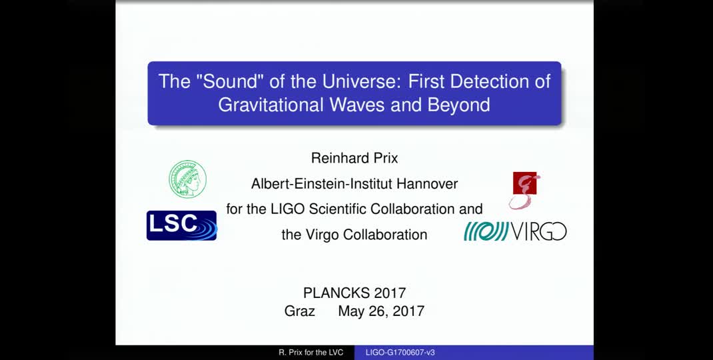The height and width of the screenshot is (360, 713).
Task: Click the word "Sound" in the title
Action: click(x=222, y=82)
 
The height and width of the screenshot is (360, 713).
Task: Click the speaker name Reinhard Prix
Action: click(x=354, y=158)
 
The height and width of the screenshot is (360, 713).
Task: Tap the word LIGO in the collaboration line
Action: click(x=288, y=209)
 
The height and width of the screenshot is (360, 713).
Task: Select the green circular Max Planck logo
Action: click(x=187, y=179)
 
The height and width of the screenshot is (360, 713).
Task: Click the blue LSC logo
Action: click(x=181, y=225)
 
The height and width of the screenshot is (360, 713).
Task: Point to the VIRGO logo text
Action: click(x=539, y=231)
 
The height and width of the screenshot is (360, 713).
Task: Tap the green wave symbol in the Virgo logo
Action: click(x=486, y=231)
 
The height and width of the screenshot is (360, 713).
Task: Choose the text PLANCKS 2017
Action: click(x=354, y=293)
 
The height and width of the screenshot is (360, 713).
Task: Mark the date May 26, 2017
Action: click(x=380, y=311)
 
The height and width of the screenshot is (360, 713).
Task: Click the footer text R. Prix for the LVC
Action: click(x=311, y=353)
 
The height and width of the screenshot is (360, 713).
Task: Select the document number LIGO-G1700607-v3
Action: click(x=400, y=353)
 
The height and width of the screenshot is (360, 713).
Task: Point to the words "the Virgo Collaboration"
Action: click(x=354, y=234)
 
